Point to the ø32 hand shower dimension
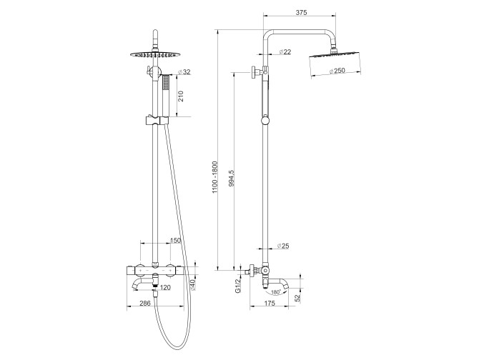point(184,72)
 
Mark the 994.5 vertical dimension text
point(230,179)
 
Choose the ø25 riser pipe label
point(282,245)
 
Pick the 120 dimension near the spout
point(165,287)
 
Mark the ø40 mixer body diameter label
point(192,286)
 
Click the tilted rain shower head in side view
point(333,56)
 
